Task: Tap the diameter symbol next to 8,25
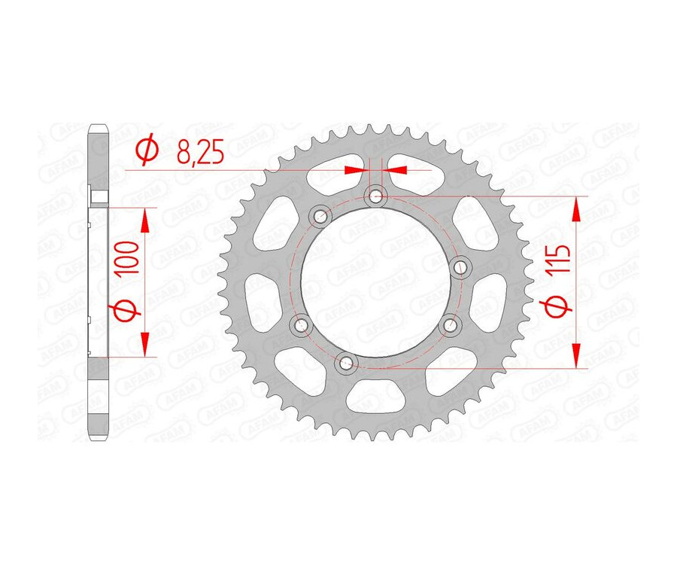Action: [148, 151]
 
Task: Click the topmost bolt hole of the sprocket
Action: [375, 198]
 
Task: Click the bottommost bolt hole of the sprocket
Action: [347, 364]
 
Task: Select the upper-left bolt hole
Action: [321, 217]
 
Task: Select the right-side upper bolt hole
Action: [460, 264]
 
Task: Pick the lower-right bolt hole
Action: [451, 324]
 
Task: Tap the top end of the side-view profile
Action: [99, 128]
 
